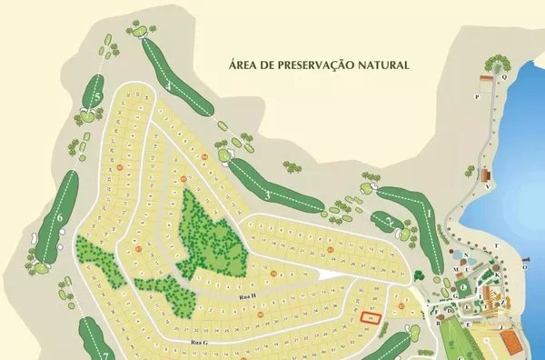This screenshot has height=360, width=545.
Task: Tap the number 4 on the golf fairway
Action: point(170,86)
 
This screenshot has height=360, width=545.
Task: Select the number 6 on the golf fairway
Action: point(59,217)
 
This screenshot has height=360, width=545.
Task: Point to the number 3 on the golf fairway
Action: point(267,195)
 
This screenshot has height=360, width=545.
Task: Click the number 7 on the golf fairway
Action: point(104,355)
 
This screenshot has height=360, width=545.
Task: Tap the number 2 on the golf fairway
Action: point(389,221)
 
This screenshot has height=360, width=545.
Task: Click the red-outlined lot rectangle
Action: point(371,317)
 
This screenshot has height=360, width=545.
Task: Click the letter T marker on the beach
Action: point(497,245)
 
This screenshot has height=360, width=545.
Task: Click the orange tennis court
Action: point(511,342)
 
